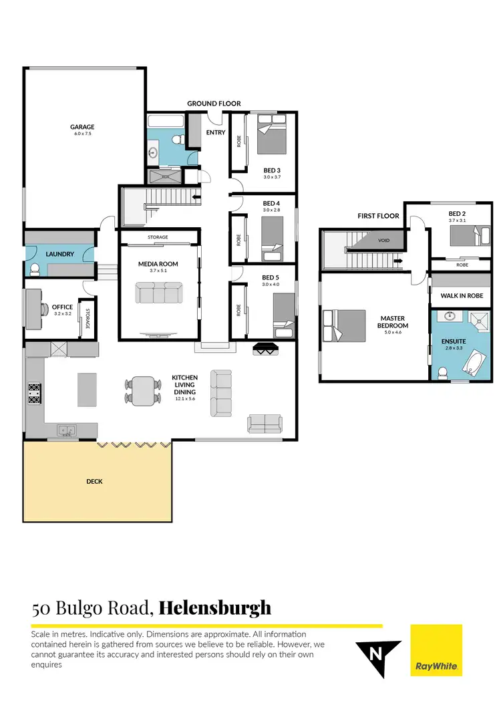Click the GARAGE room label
(x=83, y=127)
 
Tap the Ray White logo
(x=436, y=651)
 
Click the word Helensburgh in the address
(x=215, y=607)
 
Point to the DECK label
(x=94, y=481)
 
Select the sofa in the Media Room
(x=159, y=293)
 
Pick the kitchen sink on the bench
(x=66, y=430)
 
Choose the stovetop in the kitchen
(x=34, y=393)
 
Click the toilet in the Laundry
(x=35, y=269)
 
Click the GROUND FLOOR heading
(x=214, y=104)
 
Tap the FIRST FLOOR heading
(x=378, y=216)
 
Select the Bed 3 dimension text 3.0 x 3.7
(x=273, y=177)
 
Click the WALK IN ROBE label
(x=461, y=295)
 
